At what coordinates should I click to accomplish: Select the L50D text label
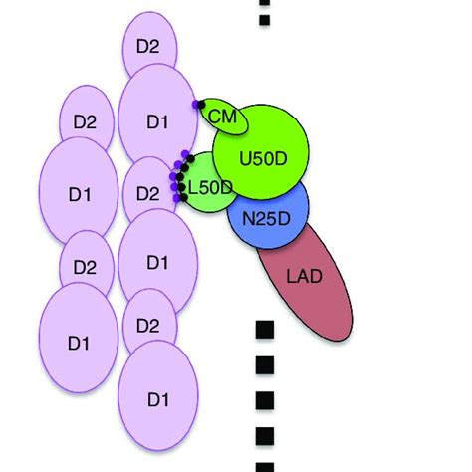[x=211, y=186]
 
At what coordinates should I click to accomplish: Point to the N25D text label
[x=268, y=218]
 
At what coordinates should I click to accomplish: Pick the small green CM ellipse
[x=223, y=119]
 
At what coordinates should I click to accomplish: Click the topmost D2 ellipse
[x=149, y=46]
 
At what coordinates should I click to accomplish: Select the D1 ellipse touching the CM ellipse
[x=157, y=121]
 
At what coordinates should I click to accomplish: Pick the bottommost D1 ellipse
[x=156, y=398]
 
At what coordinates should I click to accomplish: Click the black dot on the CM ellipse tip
[x=202, y=104]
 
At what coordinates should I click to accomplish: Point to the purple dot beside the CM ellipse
[x=195, y=104]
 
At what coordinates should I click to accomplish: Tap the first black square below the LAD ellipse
[x=264, y=329]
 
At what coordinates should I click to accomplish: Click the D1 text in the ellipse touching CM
[x=156, y=122]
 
